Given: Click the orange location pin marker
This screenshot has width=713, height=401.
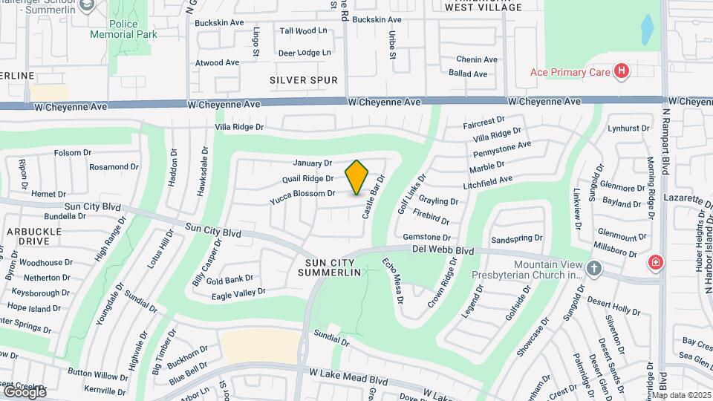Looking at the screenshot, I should point(356,177).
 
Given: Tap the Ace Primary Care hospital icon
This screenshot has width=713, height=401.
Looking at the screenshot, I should point(622,72).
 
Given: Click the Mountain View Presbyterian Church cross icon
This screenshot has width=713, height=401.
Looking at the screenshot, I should point(593,267).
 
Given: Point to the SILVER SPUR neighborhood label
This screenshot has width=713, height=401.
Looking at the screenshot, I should point(304,80).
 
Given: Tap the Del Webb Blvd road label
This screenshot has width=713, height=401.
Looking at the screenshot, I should point(443,251).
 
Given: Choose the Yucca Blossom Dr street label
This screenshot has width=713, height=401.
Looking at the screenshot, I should point(302,194).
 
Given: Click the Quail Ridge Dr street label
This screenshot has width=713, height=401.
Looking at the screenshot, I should point(307,178).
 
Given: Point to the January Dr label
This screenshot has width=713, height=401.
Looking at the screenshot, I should point(312,163).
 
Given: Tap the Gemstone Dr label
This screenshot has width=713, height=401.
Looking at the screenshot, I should point(423,237).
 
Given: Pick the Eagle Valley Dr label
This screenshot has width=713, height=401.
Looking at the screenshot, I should point(238,294).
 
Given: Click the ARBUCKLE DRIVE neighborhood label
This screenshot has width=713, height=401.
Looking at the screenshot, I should point(34,237).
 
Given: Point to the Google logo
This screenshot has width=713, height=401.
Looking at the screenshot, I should point(24,391).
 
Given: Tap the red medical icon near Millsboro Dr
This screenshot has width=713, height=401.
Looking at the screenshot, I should point(655,261).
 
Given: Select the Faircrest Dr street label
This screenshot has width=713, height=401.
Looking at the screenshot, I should point(484,119).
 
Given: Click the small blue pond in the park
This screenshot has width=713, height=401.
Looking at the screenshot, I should point(647,29).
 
